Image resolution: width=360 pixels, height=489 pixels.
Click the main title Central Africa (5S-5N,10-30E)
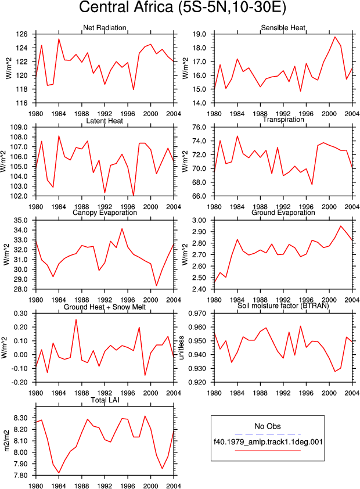click(182, 7)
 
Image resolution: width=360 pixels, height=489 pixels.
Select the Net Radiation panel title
click(105, 27)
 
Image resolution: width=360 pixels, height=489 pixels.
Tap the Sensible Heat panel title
click(283, 27)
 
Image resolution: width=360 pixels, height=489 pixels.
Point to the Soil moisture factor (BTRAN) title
click(283, 305)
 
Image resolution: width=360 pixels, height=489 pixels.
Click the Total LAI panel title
click(105, 400)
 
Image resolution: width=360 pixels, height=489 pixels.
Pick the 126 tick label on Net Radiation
click(21, 34)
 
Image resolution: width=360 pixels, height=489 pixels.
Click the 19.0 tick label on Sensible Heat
click(200, 34)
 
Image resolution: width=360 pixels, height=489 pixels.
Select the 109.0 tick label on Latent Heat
click(20, 127)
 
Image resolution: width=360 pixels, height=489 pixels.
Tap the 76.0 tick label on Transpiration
click(200, 127)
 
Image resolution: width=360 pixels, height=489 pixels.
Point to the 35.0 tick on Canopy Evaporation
click(21, 220)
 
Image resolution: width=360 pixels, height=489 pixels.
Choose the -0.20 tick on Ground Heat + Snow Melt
click(20, 382)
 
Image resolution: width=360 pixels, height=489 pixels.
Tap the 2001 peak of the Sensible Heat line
click(335, 37)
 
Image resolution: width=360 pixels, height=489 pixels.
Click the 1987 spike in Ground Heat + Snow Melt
click(76, 319)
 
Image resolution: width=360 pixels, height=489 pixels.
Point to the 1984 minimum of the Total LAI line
click(59, 473)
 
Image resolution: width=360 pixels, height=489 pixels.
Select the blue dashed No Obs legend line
click(268, 434)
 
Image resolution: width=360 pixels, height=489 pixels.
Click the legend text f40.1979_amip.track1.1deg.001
click(268, 441)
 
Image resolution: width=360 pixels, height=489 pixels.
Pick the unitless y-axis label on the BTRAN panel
click(182, 348)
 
